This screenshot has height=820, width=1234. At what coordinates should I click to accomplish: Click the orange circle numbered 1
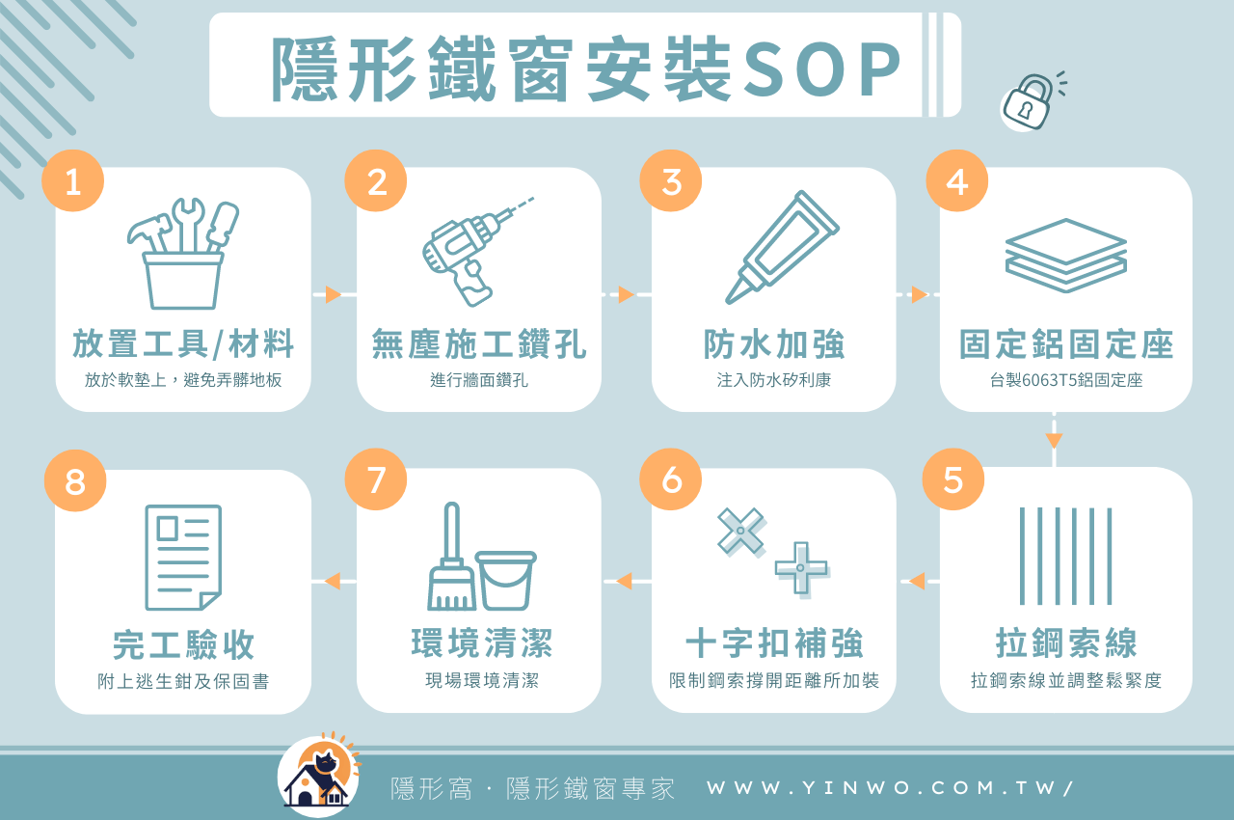tap(72, 180)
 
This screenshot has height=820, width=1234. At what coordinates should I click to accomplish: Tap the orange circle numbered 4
tap(956, 180)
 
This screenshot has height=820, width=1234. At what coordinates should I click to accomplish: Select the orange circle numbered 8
tap(74, 481)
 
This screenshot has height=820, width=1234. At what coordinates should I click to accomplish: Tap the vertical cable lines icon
tap(1065, 556)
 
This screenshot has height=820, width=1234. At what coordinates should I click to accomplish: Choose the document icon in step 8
tap(183, 558)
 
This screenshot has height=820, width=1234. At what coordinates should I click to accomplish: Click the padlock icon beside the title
tap(1028, 102)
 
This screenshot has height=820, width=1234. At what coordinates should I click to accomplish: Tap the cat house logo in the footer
tap(318, 777)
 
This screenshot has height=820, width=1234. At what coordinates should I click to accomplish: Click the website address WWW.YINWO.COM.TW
tap(890, 788)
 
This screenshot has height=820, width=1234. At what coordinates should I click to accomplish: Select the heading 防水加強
tap(774, 344)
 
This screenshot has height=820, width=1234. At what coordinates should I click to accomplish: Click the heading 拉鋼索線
tap(1066, 643)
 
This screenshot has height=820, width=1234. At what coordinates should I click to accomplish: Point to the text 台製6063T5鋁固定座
tap(1066, 380)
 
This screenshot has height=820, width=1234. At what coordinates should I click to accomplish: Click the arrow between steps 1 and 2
tap(334, 294)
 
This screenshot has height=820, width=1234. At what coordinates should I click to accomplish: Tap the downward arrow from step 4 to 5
tap(1054, 441)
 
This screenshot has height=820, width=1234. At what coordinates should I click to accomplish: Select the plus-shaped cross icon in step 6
tap(801, 568)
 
